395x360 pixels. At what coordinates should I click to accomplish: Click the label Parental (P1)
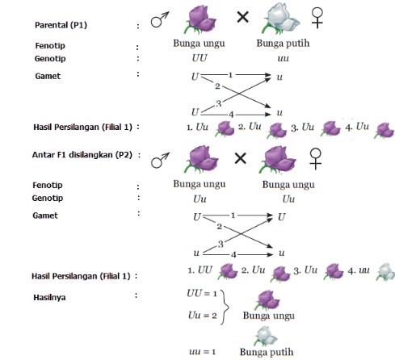61,25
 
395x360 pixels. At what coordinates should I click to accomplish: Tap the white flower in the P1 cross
280,19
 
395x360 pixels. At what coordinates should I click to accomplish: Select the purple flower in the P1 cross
200,19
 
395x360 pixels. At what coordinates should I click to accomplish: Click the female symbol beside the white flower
317,18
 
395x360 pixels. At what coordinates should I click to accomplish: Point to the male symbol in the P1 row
160,19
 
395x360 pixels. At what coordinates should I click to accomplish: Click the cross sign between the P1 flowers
242,18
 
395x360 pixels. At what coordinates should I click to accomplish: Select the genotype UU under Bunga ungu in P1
200,58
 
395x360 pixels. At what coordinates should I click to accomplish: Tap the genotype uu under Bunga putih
283,59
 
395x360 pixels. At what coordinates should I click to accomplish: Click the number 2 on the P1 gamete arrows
217,86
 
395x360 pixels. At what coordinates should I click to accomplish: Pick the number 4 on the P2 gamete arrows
233,254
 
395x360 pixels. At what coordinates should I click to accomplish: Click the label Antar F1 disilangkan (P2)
82,155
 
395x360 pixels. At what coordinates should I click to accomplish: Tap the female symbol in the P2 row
315,159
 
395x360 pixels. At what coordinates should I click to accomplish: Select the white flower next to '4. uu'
386,272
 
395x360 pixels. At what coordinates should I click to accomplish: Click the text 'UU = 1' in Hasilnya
202,293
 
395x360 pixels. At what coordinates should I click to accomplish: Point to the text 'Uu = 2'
203,315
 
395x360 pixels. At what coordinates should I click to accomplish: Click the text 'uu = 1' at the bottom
203,352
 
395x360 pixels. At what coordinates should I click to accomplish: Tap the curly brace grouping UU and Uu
225,307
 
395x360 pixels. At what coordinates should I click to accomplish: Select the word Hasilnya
49,297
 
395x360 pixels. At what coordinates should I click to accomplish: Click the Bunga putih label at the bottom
267,352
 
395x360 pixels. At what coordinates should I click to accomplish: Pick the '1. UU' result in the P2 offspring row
200,270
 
